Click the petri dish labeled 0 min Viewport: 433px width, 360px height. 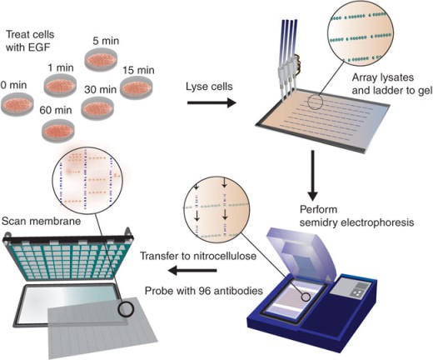pyautogui.click(x=17, y=104)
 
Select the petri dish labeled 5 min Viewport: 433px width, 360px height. pyautogui.click(x=101, y=60)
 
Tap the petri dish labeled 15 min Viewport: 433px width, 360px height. pyautogui.click(x=137, y=87)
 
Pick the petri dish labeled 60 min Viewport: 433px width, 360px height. pyautogui.click(x=58, y=130)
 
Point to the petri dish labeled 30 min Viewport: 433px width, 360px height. pyautogui.click(x=97, y=108)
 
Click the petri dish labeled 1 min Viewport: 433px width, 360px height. pyautogui.click(x=61, y=86)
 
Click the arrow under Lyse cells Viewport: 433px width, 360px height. pyautogui.click(x=212, y=103)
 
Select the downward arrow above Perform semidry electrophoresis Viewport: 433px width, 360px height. pyautogui.click(x=313, y=176)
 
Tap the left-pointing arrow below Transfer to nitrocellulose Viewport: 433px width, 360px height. pyautogui.click(x=192, y=270)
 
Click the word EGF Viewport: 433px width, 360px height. pyautogui.click(x=39, y=47)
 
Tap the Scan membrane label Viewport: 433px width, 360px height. pyautogui.click(x=41, y=221)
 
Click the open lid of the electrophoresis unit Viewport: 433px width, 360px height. pyautogui.click(x=302, y=252)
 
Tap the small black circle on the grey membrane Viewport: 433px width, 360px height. pyautogui.click(x=126, y=309)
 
